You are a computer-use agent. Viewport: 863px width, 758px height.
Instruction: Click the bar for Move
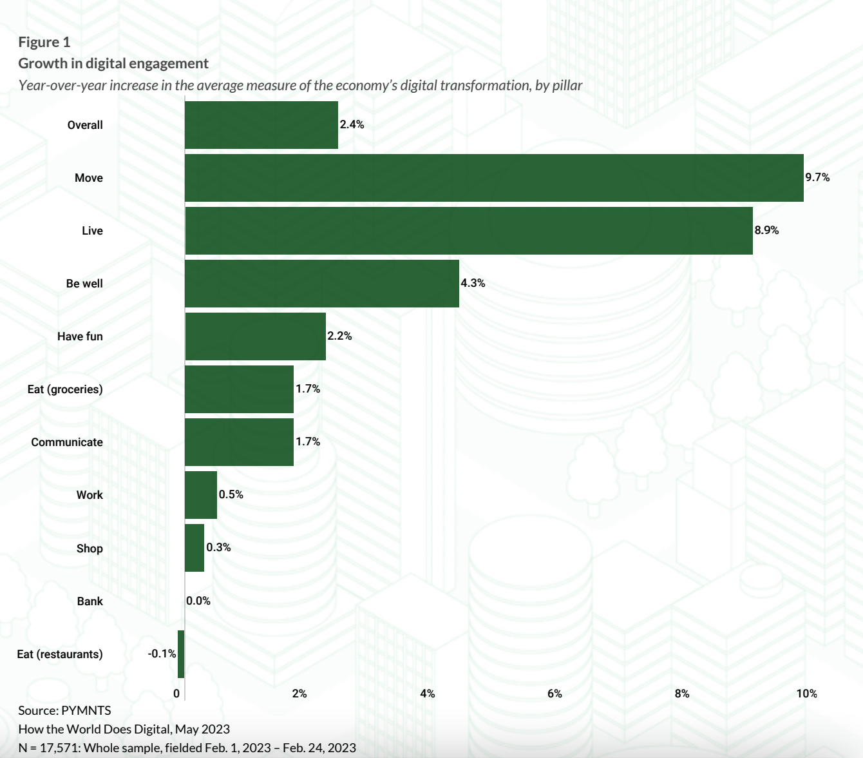(494, 178)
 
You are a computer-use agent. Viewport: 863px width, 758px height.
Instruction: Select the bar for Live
(469, 231)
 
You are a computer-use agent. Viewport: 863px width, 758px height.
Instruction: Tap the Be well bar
(322, 284)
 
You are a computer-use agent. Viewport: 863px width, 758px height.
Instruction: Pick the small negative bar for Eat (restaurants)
(181, 654)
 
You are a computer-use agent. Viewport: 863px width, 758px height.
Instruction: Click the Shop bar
(194, 548)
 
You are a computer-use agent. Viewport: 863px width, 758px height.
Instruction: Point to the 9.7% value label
(817, 177)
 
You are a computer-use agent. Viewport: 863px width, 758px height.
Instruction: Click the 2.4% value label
(352, 124)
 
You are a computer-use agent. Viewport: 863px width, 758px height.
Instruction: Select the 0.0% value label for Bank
(198, 601)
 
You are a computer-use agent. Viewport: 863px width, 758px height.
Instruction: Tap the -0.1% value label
(162, 654)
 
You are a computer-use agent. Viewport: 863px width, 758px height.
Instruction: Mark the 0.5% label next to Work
(231, 494)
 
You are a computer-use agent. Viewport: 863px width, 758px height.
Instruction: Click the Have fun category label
(80, 336)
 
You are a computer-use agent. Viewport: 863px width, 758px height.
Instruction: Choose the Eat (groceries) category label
(65, 389)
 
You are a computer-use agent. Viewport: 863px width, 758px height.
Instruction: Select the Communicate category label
(67, 442)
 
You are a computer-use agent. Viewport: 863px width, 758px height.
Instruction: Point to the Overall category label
(85, 125)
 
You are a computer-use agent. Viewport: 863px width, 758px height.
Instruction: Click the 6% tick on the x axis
(555, 694)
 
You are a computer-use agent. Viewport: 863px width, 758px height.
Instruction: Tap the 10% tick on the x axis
(806, 694)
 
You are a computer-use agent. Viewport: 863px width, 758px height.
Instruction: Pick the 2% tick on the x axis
(299, 694)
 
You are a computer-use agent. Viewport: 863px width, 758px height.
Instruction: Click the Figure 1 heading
(44, 42)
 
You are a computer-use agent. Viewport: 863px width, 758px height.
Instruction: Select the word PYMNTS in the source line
(86, 710)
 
